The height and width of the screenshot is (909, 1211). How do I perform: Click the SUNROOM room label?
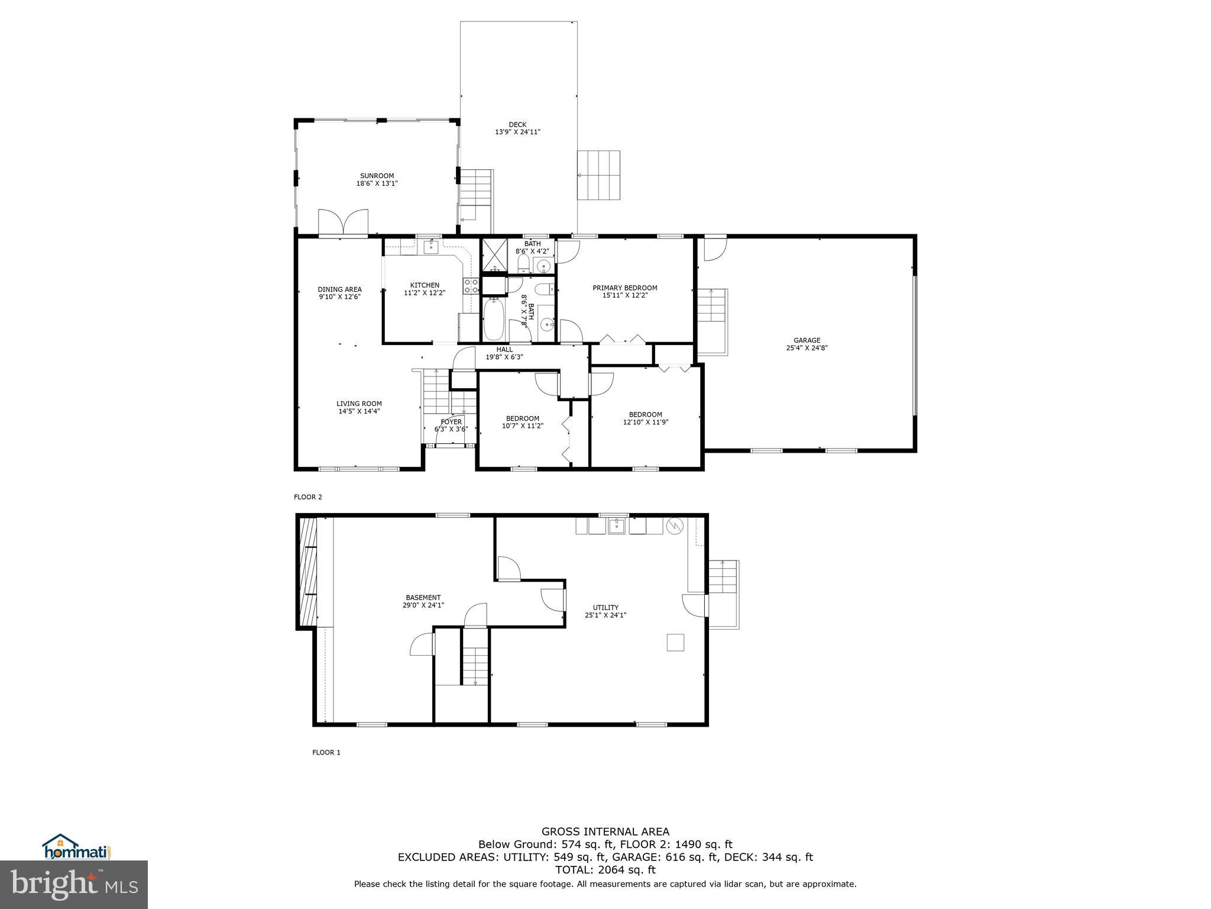pyautogui.click(x=377, y=176)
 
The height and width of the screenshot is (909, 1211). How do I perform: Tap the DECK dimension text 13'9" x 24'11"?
pyautogui.click(x=517, y=132)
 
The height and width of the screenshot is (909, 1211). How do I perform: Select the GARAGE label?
pyautogui.click(x=807, y=340)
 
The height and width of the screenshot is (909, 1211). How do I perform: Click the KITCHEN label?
pyautogui.click(x=425, y=285)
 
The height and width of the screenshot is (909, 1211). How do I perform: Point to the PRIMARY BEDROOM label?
pyautogui.click(x=624, y=288)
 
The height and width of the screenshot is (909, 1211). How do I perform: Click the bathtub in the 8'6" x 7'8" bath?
pyautogui.click(x=493, y=319)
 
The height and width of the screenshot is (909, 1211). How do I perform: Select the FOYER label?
pyautogui.click(x=451, y=422)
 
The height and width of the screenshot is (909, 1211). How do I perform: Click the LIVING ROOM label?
pyautogui.click(x=359, y=404)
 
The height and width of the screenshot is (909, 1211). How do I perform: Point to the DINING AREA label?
pyautogui.click(x=339, y=289)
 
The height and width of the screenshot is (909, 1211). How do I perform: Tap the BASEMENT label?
pyautogui.click(x=423, y=598)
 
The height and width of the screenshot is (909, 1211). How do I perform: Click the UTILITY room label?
pyautogui.click(x=605, y=607)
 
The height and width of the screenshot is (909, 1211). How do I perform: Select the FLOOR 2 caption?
pyautogui.click(x=308, y=497)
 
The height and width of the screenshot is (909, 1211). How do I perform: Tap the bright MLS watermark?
pyautogui.click(x=74, y=885)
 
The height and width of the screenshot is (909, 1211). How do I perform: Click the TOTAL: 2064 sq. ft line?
pyautogui.click(x=605, y=870)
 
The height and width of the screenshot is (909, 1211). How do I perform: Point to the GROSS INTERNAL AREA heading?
pyautogui.click(x=605, y=831)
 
